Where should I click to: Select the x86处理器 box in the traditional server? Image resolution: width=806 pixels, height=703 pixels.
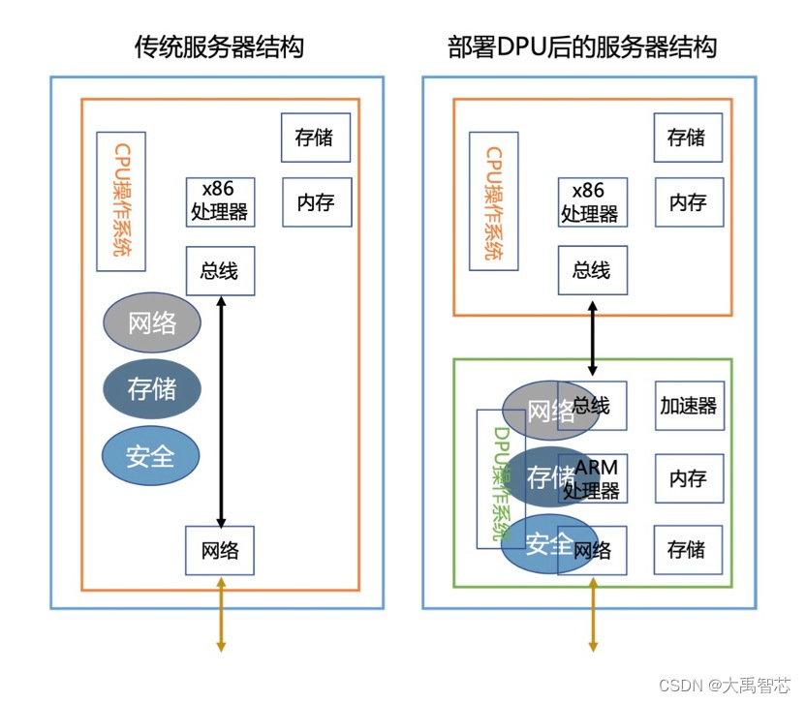pyautogui.click(x=220, y=201)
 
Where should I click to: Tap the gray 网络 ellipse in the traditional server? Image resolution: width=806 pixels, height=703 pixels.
pyautogui.click(x=152, y=322)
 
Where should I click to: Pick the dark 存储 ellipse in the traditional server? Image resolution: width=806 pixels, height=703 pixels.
pyautogui.click(x=152, y=388)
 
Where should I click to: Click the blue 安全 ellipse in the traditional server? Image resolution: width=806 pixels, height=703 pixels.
pyautogui.click(x=151, y=454)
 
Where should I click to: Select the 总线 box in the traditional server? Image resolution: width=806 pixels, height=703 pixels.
pyautogui.click(x=220, y=270)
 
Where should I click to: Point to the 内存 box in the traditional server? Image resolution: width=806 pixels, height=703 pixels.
pyautogui.click(x=316, y=201)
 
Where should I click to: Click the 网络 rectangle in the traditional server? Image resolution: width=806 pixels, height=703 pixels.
pyautogui.click(x=220, y=550)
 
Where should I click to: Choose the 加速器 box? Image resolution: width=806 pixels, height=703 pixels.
pyautogui.click(x=689, y=405)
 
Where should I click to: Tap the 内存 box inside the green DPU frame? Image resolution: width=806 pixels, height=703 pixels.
pyautogui.click(x=689, y=478)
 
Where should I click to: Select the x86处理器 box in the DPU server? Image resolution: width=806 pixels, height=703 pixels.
pyautogui.click(x=592, y=201)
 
